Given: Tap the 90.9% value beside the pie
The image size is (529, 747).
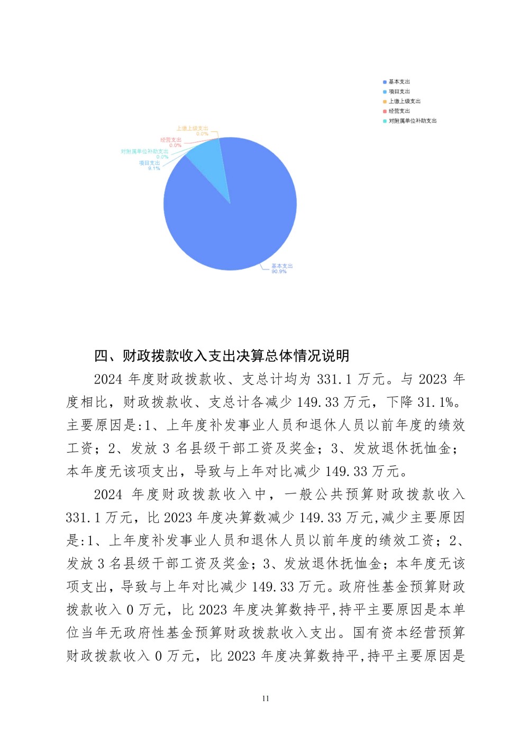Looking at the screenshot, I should (x=279, y=272).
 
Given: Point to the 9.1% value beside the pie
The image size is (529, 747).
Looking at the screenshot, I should (x=153, y=169).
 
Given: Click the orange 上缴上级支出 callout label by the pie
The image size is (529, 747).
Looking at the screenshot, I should (x=192, y=128).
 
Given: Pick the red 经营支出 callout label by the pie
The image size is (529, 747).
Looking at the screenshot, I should (x=171, y=140).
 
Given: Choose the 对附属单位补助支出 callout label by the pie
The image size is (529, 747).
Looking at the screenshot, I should (x=144, y=152).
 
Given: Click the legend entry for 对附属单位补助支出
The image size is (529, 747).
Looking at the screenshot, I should (x=412, y=121).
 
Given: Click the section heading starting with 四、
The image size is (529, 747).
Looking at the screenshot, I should (x=222, y=356).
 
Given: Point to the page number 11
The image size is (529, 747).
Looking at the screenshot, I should (x=266, y=698).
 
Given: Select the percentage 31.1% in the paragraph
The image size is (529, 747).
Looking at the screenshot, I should (x=435, y=402).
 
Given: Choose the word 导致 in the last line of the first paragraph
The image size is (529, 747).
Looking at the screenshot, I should (x=208, y=471).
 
